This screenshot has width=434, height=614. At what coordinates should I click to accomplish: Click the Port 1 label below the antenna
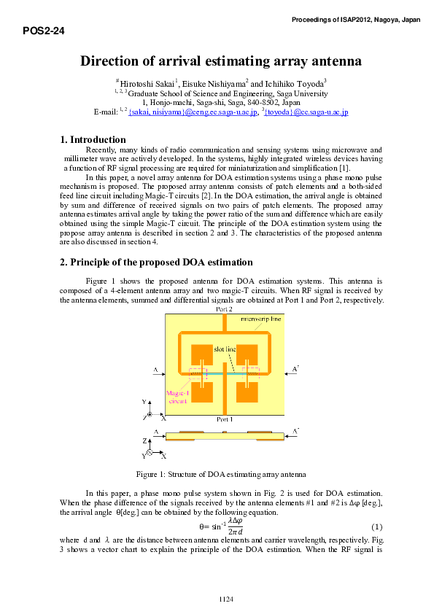225,420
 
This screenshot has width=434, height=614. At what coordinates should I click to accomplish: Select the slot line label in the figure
225,349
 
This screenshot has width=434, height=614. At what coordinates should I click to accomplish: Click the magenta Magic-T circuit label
178,397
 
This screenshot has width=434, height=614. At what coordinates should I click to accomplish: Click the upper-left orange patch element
201,356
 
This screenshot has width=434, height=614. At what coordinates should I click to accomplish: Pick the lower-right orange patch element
248,392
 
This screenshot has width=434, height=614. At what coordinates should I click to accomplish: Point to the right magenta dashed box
250,374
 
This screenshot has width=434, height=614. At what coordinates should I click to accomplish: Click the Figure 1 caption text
220,474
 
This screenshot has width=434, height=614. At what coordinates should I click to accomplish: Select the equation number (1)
376,526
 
